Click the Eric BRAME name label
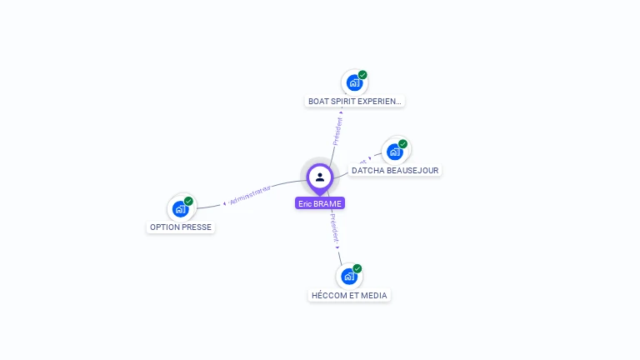[x=320, y=203]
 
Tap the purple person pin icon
[x=320, y=177]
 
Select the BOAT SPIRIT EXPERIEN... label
[x=354, y=102]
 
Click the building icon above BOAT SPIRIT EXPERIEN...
[x=354, y=82]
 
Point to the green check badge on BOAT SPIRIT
[x=362, y=75]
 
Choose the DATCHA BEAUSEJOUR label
[x=394, y=171]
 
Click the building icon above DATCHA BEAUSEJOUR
[x=395, y=152]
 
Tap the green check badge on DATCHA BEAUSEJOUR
[x=402, y=144]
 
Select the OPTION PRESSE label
[x=181, y=227]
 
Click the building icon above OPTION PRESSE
[x=180, y=208]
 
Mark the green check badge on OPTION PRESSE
[x=188, y=201]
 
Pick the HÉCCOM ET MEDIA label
[x=349, y=296]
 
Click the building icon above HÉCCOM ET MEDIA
[x=349, y=276]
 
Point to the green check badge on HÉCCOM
[x=357, y=268]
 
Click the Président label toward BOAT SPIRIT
[x=337, y=132]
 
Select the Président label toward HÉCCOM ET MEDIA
[x=333, y=230]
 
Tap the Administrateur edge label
[x=250, y=197]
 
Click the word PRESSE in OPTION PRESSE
[x=197, y=227]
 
